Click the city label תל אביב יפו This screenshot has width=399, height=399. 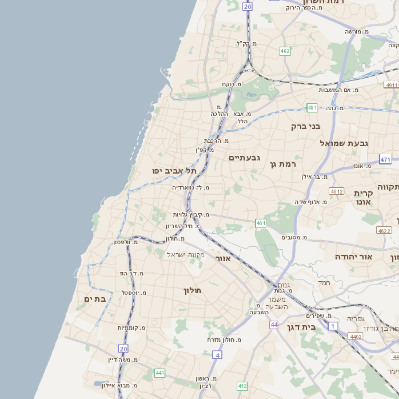coord(171,171)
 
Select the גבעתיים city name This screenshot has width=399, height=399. coord(244,158)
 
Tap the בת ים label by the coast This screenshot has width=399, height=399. coord(95,298)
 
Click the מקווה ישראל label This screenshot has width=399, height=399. coord(183,254)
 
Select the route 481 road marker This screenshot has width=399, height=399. coord(312,107)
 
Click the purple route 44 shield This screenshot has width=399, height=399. coord(273,324)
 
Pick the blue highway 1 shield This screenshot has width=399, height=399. coord(333,326)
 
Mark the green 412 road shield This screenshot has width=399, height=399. coord(242,385)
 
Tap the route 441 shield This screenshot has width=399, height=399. coord(159,373)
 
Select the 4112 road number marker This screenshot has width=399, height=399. coord(336,191)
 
